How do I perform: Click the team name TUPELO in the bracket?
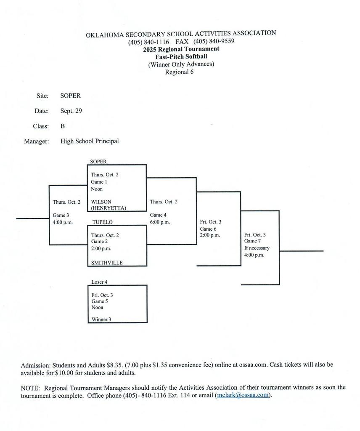(x=102, y=222)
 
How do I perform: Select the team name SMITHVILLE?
(x=107, y=263)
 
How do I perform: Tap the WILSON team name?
(x=101, y=202)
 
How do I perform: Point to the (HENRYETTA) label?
(x=108, y=208)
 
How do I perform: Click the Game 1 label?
(x=99, y=182)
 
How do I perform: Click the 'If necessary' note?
(x=257, y=248)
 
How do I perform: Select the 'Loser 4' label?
(x=100, y=282)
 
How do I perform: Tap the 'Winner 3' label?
(x=101, y=319)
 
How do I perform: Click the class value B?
(x=63, y=126)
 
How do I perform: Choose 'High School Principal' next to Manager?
(x=90, y=141)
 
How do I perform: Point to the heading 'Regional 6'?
(x=179, y=72)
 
